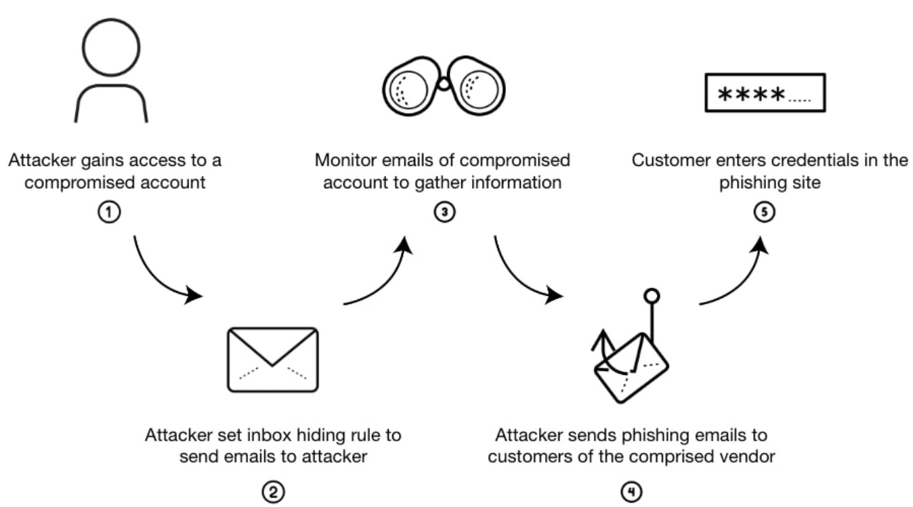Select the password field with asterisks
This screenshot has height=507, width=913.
(765, 93)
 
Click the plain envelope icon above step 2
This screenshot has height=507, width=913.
(273, 359)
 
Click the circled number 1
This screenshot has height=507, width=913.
(108, 212)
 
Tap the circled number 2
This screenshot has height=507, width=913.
(273, 492)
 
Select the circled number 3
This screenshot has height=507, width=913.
(444, 212)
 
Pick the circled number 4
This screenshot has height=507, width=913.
(631, 492)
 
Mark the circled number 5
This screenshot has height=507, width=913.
(764, 212)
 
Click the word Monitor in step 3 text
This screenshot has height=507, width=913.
(343, 161)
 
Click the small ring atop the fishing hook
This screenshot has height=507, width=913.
(652, 296)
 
